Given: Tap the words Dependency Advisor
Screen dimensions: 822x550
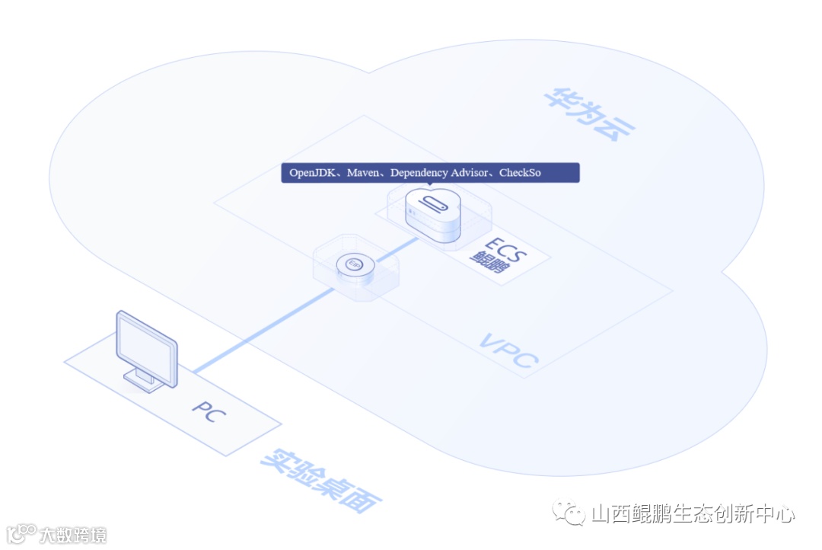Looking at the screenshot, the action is point(440,173).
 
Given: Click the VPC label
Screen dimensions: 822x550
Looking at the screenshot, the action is point(508,350).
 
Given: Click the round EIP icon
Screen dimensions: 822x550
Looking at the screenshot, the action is point(354,264).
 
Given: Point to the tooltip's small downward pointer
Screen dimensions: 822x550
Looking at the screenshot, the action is point(429,185).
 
